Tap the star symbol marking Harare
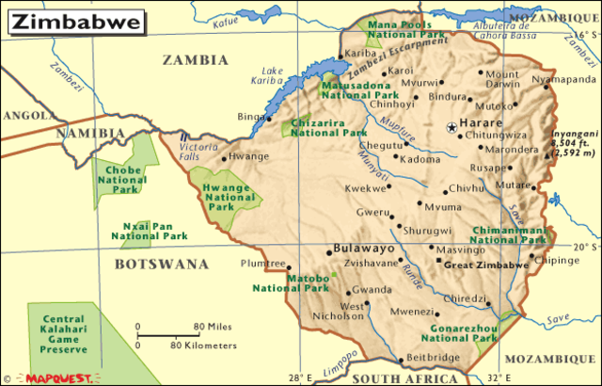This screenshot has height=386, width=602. [x=451, y=126]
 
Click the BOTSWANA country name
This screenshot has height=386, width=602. [x=161, y=265]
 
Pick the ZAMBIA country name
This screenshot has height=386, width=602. [x=196, y=59]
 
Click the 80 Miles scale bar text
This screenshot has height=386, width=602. [x=213, y=327]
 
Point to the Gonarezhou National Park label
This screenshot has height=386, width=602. [x=458, y=330]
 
